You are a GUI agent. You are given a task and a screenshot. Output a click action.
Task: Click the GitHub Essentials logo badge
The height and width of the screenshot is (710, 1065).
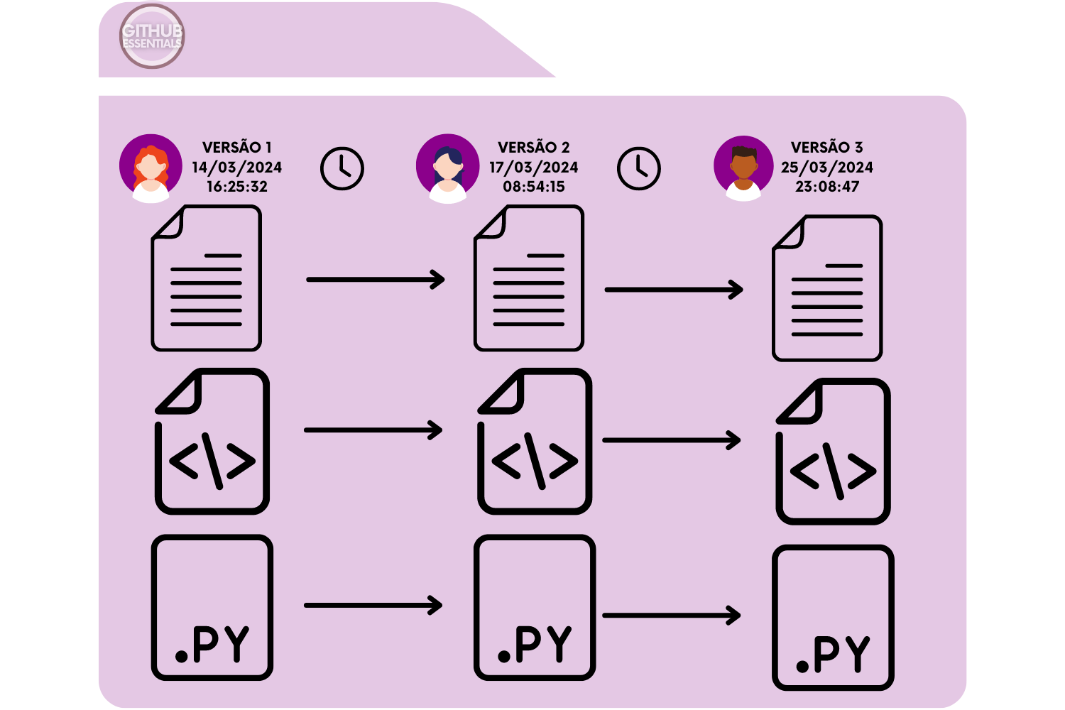pos(152,36)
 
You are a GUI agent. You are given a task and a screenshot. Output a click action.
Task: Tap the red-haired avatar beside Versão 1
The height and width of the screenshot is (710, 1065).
pos(151,168)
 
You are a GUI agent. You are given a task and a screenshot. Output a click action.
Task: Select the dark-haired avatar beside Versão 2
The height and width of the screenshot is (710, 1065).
pos(447,168)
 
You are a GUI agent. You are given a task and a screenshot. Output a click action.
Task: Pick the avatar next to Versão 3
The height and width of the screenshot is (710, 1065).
pos(743,168)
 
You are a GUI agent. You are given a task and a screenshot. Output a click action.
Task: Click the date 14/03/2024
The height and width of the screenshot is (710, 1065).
pos(236,168)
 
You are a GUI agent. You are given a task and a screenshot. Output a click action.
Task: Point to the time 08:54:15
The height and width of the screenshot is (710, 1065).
pos(534,187)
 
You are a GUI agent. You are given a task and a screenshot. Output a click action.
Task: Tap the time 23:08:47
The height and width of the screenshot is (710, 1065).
pos(827,187)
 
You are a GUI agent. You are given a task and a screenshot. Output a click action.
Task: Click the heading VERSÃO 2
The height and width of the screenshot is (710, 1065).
pos(534,148)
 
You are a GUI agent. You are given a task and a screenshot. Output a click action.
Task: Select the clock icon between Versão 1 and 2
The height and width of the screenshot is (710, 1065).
pos(342,169)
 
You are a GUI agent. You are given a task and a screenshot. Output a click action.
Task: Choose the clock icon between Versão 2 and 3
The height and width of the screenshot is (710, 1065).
pos(639,169)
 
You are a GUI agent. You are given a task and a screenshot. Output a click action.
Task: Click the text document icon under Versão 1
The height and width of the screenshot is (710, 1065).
pos(207,278)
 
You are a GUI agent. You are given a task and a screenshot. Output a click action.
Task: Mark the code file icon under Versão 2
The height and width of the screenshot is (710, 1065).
pos(535,441)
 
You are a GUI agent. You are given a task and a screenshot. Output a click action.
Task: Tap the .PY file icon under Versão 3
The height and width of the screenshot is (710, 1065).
pos(833,618)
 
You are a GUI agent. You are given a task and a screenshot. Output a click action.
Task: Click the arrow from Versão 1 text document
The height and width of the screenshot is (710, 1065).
pos(375,280)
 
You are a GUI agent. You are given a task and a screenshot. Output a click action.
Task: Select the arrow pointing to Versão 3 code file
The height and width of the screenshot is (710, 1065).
pos(671,440)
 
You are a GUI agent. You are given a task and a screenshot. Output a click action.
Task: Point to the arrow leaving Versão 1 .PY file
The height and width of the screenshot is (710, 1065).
pos(373,606)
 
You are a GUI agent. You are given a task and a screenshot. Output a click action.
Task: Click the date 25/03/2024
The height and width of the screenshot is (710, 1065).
pos(827,168)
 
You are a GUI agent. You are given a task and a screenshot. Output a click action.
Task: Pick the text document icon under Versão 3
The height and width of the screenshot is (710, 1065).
pos(827,288)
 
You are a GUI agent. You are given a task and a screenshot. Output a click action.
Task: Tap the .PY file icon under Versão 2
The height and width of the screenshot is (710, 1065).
pos(535,608)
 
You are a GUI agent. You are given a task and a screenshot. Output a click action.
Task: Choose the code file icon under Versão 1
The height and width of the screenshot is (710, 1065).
pos(212,441)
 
